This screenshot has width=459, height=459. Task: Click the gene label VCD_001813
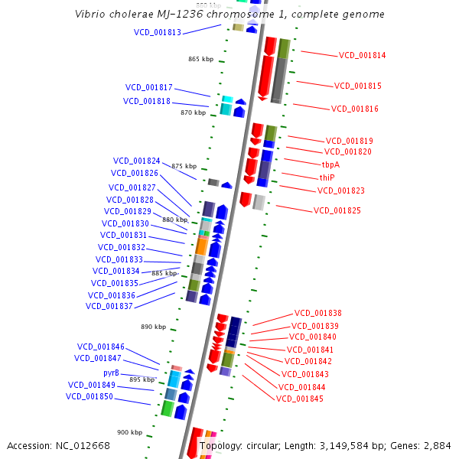point(158,33)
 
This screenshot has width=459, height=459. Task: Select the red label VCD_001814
point(362,55)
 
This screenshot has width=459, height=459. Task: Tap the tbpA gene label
point(330,164)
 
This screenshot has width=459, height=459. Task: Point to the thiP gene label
point(327,177)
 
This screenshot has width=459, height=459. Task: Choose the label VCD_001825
point(337,210)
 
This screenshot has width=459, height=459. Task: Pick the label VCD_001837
point(109,306)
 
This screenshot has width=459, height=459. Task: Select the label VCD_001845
point(300,399)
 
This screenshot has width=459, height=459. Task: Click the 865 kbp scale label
point(200,59)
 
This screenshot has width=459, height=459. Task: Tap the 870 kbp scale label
point(193,112)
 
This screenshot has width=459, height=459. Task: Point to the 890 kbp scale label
point(153,327)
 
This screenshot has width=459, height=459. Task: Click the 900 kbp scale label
point(129,432)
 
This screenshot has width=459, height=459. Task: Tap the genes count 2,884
point(437,445)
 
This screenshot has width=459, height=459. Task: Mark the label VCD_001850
point(90,396)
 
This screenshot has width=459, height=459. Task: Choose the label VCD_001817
point(149,87)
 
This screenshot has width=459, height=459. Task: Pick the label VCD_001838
point(317,314)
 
